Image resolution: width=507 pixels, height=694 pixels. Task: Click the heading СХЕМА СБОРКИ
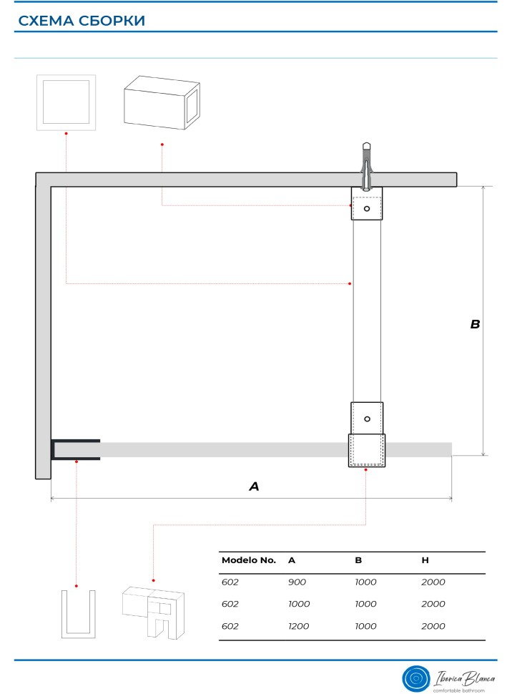82,21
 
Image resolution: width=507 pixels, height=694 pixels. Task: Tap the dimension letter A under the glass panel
254,487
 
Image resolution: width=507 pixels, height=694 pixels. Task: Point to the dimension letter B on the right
475,324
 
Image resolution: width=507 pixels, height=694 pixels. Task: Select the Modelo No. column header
249,560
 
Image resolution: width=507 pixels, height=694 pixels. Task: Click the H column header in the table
425,560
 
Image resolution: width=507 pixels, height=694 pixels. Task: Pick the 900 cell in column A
297,582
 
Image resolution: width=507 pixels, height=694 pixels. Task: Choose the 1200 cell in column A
299,626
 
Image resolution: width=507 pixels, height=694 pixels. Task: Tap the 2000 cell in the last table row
433,626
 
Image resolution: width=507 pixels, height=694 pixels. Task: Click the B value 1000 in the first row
365,582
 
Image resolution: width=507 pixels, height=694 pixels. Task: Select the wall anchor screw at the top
366,165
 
